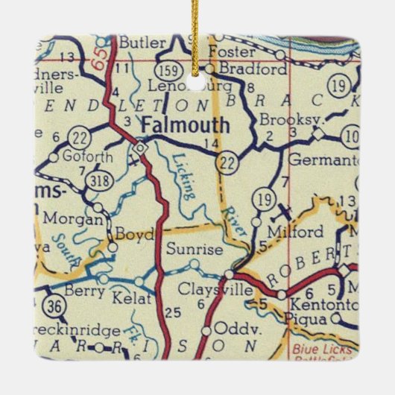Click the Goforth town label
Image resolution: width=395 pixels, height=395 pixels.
point(79,157)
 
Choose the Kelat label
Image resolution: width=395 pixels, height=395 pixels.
point(133,300)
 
